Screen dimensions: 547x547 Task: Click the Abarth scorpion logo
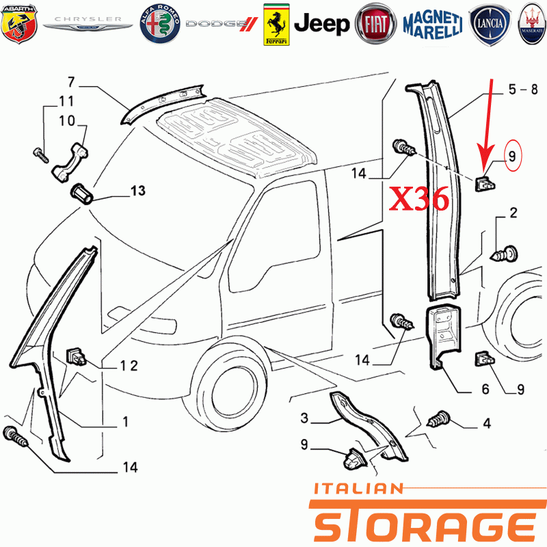[19, 24]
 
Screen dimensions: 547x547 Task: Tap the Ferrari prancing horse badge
[276, 25]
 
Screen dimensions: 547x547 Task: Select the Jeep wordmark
[321, 24]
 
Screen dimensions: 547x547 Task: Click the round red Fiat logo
[375, 24]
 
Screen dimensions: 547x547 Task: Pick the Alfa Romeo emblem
[160, 24]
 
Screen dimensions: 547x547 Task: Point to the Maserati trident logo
[533, 24]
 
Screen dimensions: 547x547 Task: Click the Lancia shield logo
[490, 25]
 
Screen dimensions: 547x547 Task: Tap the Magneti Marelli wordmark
[433, 25]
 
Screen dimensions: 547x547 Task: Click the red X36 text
[419, 198]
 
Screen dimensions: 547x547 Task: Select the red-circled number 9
[512, 156]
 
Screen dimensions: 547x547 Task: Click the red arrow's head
[485, 160]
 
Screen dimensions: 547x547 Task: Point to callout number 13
[138, 191]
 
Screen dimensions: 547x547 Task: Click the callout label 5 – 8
[523, 90]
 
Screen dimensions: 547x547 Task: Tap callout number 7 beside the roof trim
[71, 82]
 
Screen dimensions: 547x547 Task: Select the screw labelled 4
[439, 419]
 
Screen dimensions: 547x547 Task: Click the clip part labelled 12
[76, 356]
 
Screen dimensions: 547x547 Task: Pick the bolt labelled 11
[41, 155]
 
